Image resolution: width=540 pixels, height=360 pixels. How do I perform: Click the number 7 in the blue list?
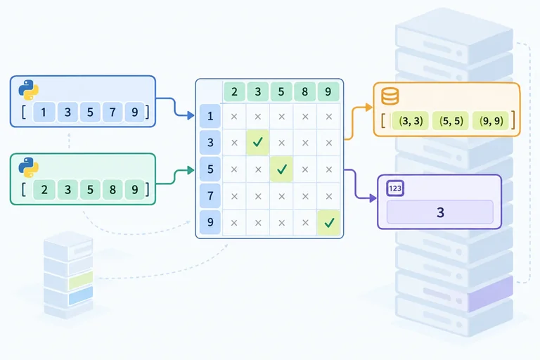point(112,112)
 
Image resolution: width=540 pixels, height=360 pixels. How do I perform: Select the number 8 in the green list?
point(112,189)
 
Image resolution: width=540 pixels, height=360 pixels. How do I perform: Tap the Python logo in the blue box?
point(29,90)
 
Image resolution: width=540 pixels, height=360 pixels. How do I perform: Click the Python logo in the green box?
point(29,167)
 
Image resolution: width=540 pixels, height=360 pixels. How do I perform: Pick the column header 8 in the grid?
point(304,91)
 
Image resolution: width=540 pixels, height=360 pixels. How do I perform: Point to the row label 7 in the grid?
point(210,195)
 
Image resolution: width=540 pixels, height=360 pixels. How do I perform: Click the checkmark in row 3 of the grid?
point(257,142)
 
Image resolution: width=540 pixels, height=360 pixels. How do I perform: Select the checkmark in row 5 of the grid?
point(282,169)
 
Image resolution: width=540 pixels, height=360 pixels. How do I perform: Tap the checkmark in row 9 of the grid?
point(329,223)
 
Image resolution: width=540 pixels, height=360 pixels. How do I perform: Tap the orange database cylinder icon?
point(390,96)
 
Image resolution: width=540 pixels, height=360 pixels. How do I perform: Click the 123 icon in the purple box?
point(395,188)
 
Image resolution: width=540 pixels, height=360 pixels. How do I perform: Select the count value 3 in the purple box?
point(440,212)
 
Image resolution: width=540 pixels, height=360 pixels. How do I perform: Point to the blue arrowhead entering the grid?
point(191,115)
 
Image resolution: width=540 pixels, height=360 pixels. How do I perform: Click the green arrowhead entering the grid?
point(191,170)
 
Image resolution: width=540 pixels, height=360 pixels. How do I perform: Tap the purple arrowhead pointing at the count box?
point(373,198)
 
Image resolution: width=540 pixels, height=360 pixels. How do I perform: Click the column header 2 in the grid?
point(234,91)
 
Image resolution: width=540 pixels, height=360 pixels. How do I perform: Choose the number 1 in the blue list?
point(44,112)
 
